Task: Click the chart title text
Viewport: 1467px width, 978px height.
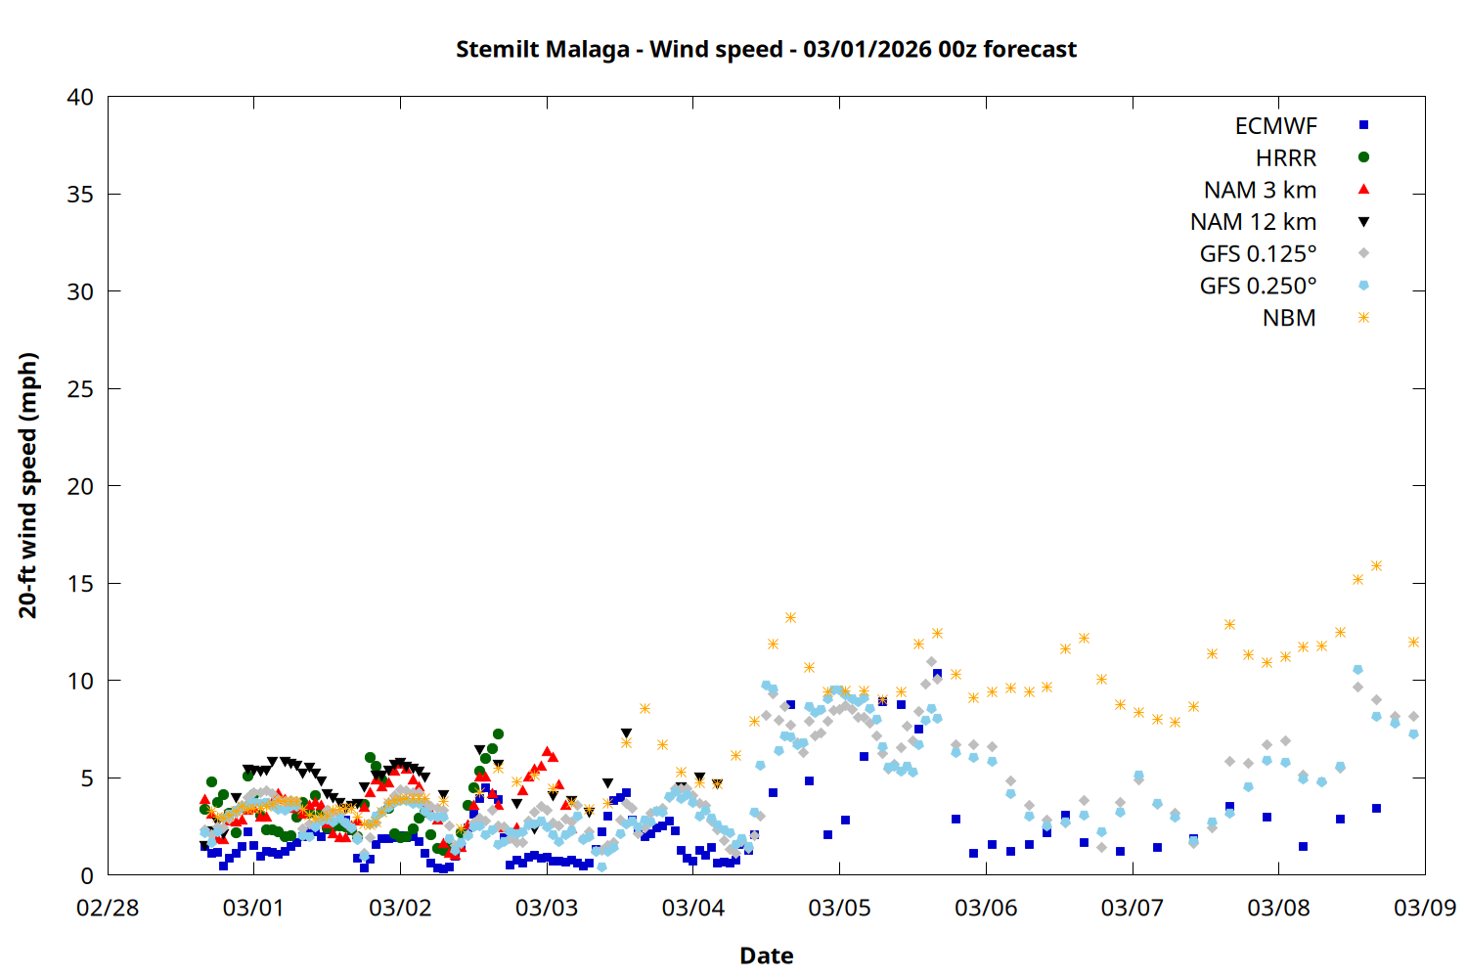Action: [x=766, y=50]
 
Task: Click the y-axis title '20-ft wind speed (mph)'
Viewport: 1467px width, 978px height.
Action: [x=28, y=485]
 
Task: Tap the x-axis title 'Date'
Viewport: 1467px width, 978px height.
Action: [x=766, y=956]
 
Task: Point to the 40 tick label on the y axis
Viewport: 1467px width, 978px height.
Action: [x=80, y=97]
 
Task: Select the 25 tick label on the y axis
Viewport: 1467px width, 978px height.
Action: [x=80, y=389]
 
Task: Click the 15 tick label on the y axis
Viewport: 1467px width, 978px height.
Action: [x=80, y=584]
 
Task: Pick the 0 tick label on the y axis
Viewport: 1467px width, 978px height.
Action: [x=87, y=875]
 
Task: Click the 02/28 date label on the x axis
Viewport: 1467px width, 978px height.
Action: [x=108, y=908]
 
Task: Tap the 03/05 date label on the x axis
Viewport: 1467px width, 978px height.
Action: [x=839, y=908]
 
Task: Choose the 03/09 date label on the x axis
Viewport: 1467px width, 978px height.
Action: [x=1424, y=908]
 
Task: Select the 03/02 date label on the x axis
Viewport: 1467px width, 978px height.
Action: [x=400, y=908]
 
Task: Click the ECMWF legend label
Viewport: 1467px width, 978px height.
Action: [x=1275, y=126]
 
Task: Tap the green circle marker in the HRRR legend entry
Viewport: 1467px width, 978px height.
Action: [x=1363, y=157]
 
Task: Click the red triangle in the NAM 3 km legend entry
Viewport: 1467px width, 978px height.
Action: [x=1363, y=189]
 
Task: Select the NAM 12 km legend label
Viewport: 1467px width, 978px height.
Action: [x=1253, y=222]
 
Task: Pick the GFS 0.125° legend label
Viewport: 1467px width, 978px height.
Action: [x=1258, y=254]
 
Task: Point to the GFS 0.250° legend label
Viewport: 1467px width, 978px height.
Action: [x=1258, y=287]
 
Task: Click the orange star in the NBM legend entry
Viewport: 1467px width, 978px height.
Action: [x=1363, y=318]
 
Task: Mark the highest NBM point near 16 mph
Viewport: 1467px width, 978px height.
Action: [x=1376, y=565]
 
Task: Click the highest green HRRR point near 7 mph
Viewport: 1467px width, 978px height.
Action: [x=498, y=733]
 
